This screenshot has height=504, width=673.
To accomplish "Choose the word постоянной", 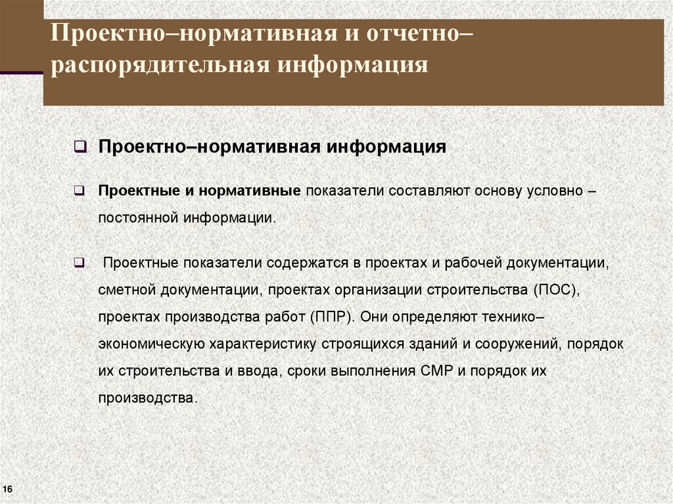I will pos(139,218).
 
